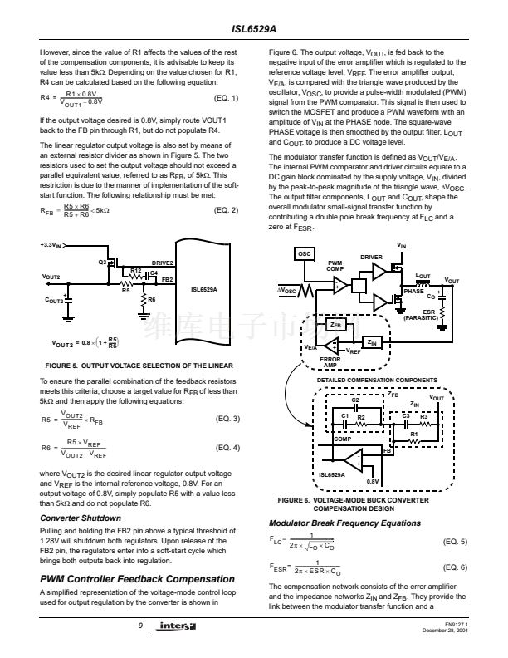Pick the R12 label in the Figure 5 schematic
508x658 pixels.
pyautogui.click(x=135, y=271)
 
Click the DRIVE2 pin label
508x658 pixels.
pyautogui.click(x=162, y=263)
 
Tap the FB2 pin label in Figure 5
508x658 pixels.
pyautogui.click(x=167, y=279)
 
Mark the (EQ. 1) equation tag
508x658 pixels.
pyautogui.click(x=226, y=99)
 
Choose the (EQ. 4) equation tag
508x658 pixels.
pyautogui.click(x=226, y=448)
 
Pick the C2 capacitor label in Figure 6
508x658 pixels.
pyautogui.click(x=354, y=400)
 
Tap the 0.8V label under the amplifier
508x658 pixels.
pyautogui.click(x=374, y=482)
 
